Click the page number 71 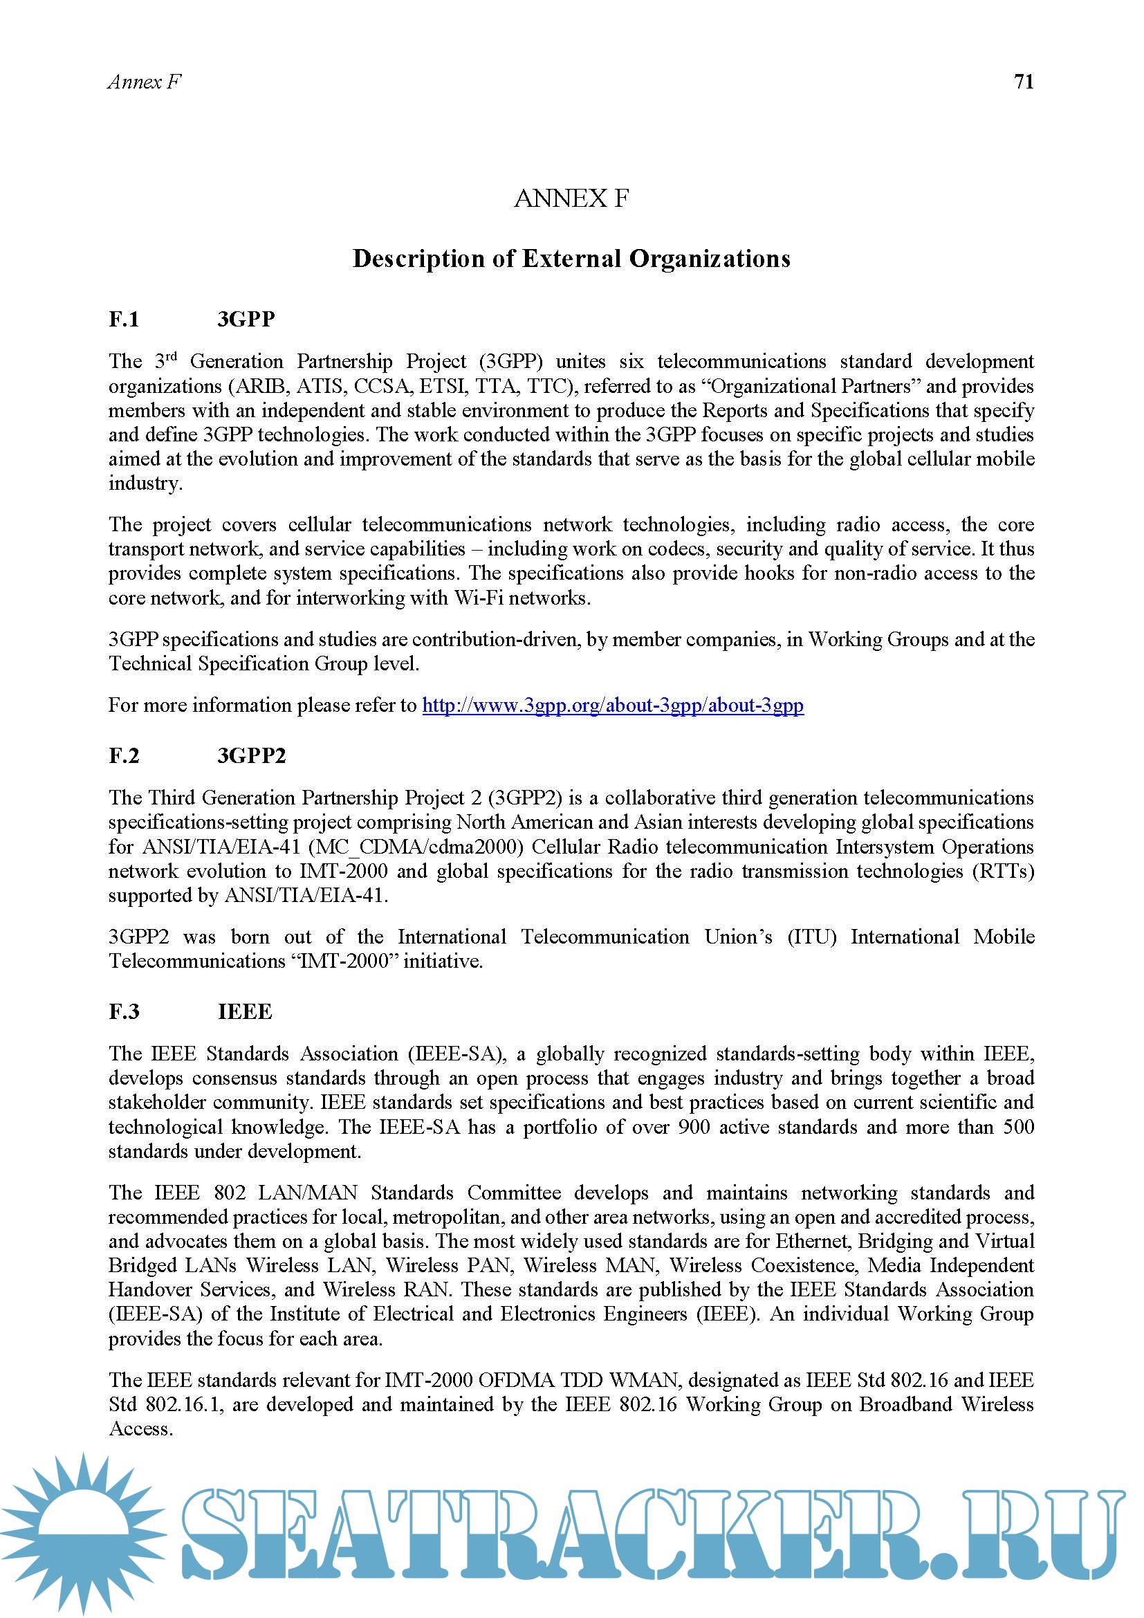click(1024, 82)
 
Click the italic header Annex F click(145, 82)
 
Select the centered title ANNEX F click(571, 199)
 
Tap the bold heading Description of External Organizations click(571, 259)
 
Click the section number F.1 click(124, 319)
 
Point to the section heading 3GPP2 click(252, 755)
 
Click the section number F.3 click(124, 1011)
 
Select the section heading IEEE click(244, 1011)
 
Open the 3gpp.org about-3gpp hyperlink click(613, 705)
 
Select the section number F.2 click(124, 755)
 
